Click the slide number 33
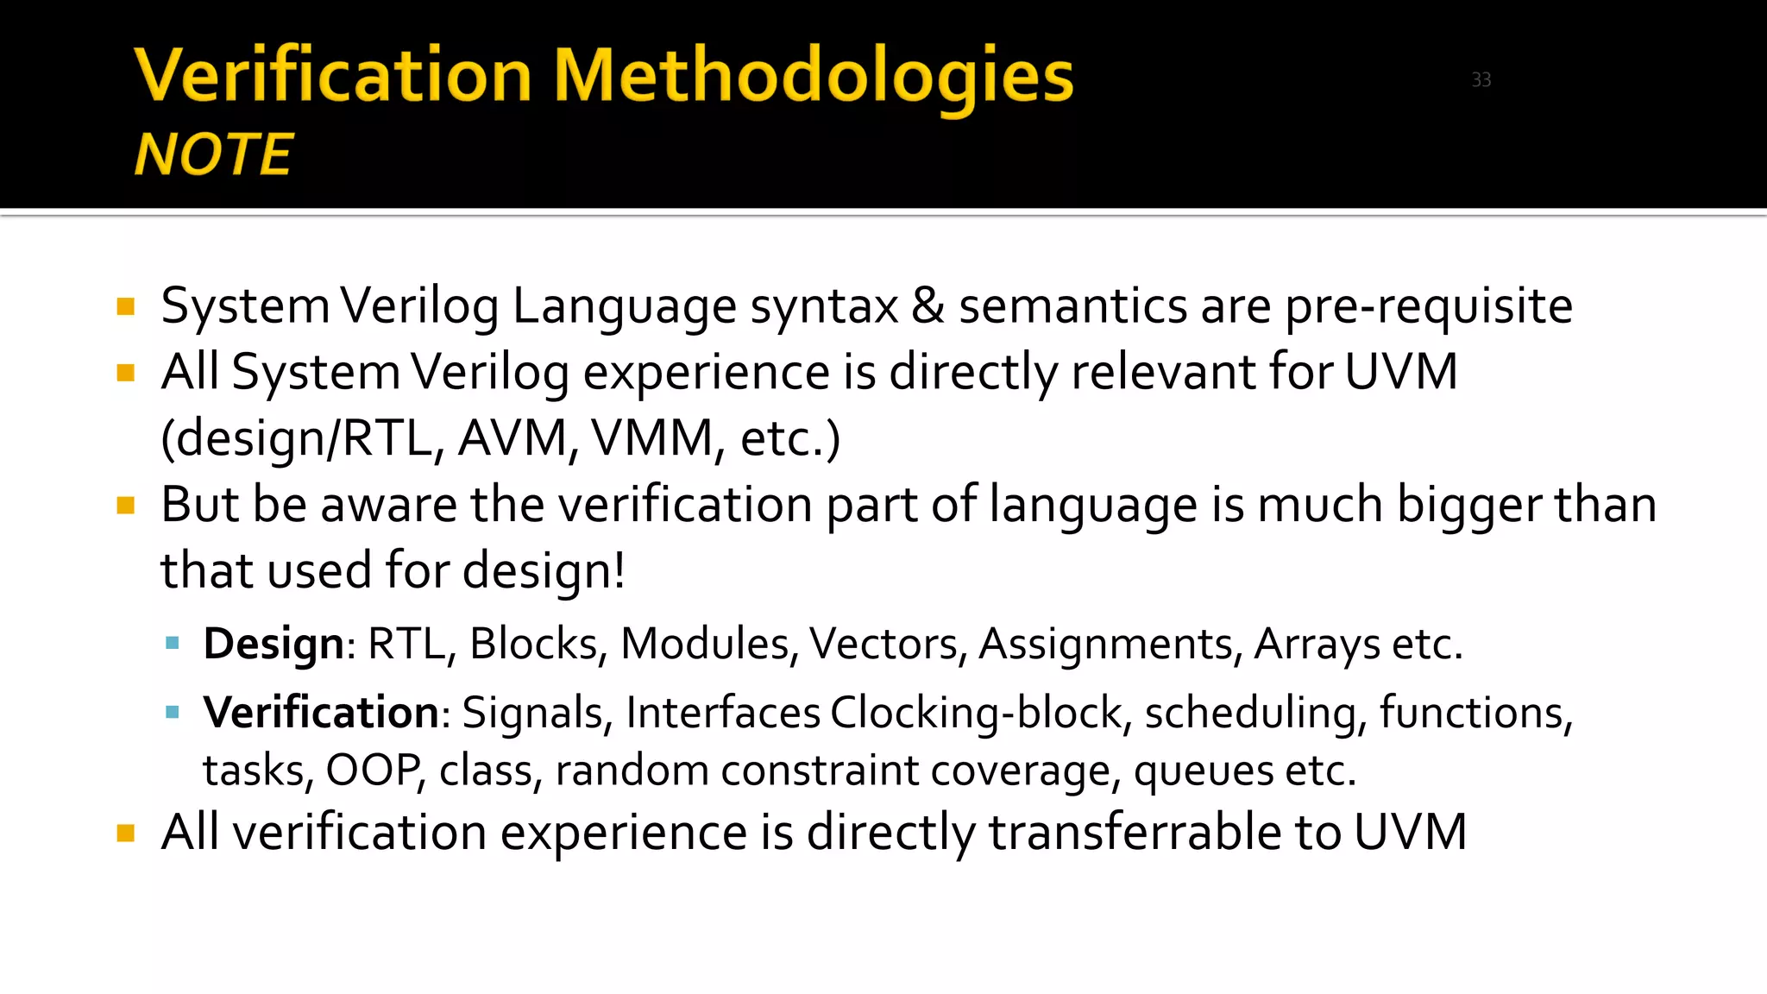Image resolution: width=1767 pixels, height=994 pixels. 1481,80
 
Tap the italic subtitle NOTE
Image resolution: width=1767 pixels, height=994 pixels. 214,154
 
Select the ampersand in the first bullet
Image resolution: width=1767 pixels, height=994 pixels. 928,305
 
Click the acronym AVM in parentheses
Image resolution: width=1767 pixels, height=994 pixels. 512,438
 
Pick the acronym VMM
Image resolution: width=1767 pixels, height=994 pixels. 652,438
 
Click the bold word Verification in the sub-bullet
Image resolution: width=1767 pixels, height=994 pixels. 322,713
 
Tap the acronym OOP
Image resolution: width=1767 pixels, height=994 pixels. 373,770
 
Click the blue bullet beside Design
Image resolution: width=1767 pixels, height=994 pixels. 173,643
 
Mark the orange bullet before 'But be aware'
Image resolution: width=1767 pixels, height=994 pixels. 126,506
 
